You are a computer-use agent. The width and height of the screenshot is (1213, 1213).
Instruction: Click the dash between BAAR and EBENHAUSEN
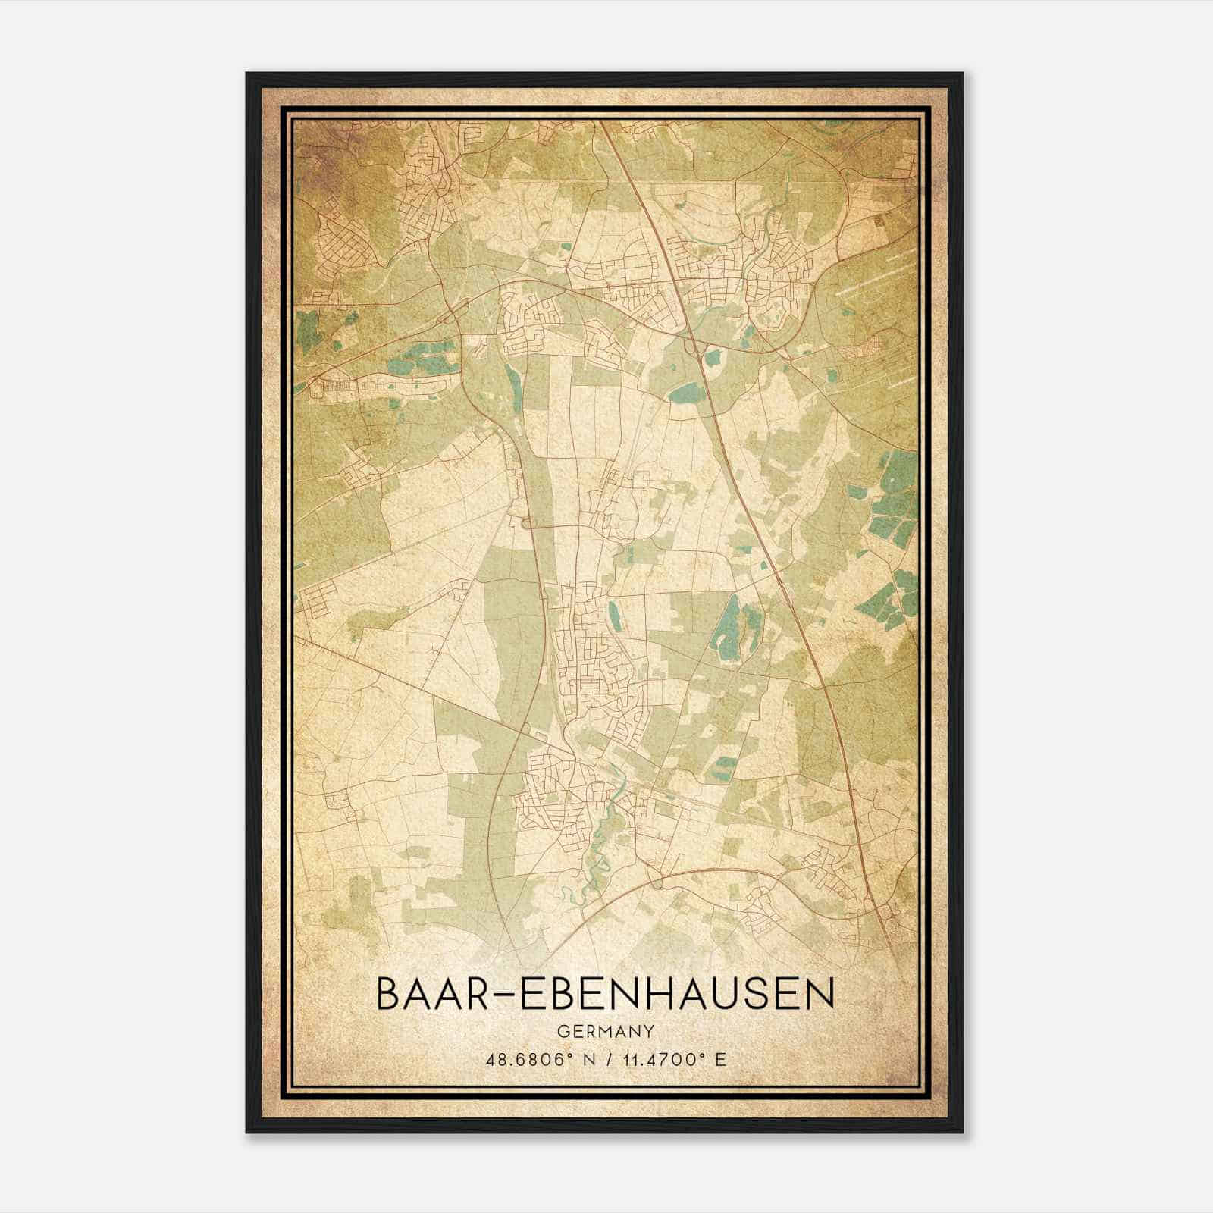[x=500, y=995]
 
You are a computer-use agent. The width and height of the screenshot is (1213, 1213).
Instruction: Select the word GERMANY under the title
[x=605, y=1031]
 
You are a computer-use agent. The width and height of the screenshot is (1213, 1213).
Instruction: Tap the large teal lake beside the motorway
[x=687, y=392]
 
